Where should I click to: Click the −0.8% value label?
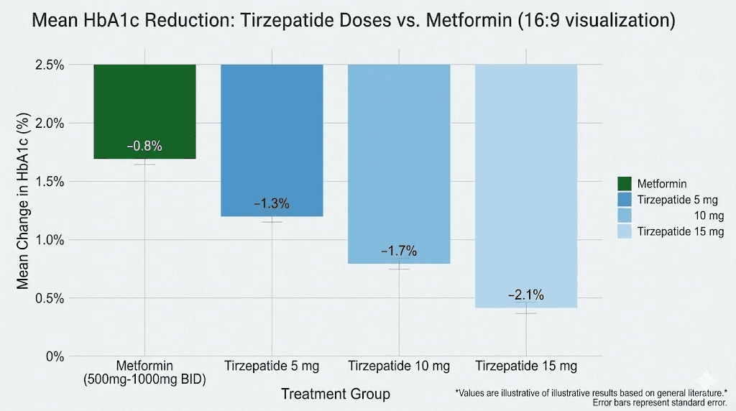point(144,147)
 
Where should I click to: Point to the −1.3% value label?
point(272,204)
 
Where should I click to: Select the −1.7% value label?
point(399,251)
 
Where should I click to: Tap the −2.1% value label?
point(526,295)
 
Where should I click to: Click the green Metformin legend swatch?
point(623,184)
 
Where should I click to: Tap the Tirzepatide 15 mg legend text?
point(681,231)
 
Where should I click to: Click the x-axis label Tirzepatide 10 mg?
point(399,366)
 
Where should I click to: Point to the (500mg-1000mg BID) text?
point(144,379)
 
